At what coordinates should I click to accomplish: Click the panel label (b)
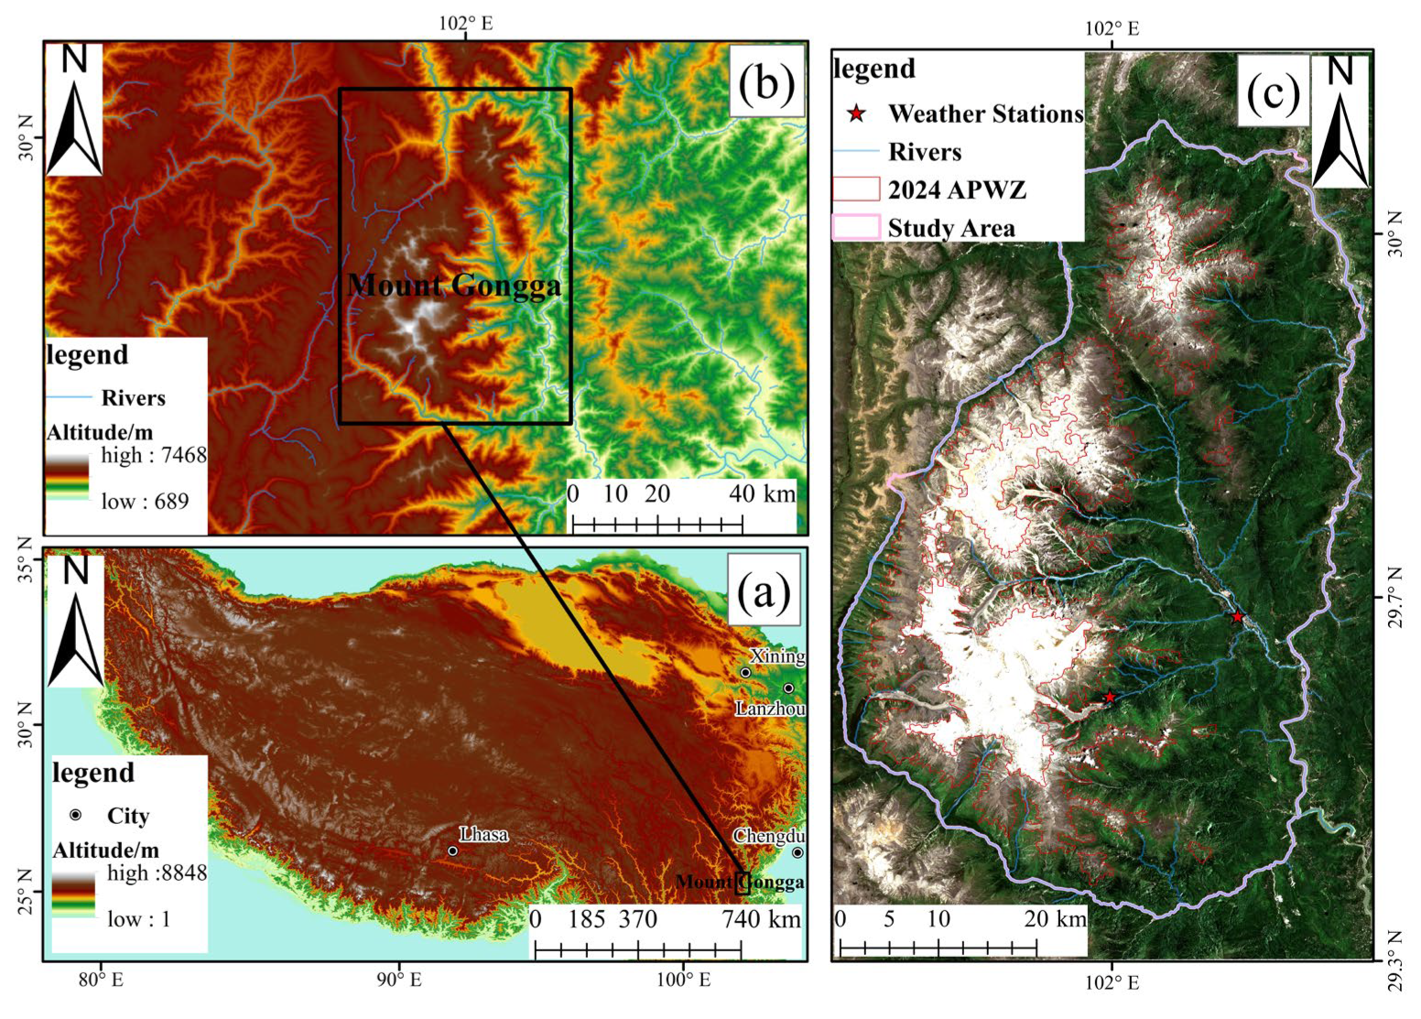[x=765, y=84]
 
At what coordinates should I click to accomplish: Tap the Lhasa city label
[x=483, y=834]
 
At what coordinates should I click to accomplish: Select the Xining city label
[x=777, y=656]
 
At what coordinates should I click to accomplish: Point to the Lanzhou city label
[x=770, y=709]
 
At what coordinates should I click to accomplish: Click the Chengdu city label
[x=769, y=836]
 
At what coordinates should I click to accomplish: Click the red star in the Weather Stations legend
[x=856, y=114]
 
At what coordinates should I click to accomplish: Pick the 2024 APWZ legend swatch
[x=856, y=190]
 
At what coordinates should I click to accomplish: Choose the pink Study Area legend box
[x=856, y=227]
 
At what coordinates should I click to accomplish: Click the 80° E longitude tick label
[x=101, y=981]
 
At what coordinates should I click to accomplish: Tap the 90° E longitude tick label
[x=399, y=981]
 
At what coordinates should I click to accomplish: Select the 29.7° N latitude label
[x=1394, y=596]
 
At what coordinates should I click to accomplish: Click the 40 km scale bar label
[x=762, y=493]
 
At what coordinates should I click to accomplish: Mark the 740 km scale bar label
[x=760, y=918]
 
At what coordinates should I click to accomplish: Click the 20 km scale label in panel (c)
[x=1055, y=918]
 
